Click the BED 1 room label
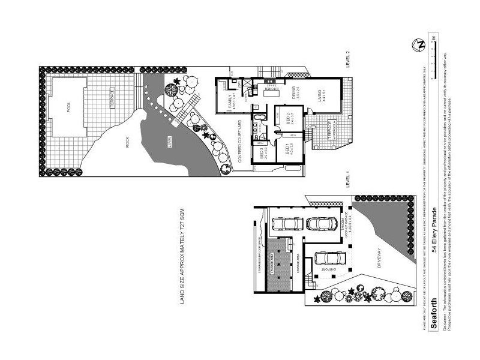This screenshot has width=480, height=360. pos(290,149)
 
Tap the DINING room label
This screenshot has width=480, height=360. pos(295,94)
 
